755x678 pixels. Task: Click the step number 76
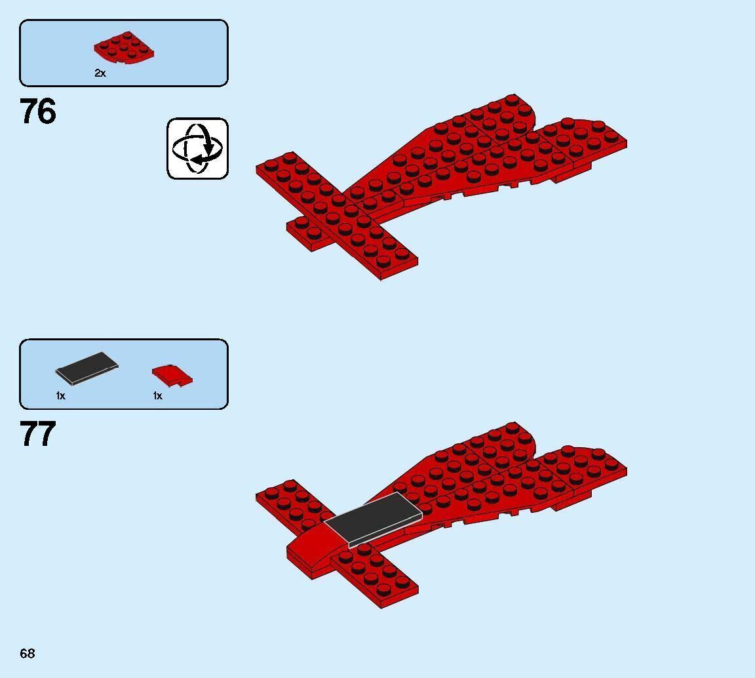click(x=38, y=111)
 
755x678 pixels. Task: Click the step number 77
click(x=38, y=434)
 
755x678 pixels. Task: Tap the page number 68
click(x=27, y=653)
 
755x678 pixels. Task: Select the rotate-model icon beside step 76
click(x=197, y=148)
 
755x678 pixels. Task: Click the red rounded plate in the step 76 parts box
click(x=124, y=49)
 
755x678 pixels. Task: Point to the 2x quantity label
click(x=100, y=73)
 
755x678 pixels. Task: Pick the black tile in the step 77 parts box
click(x=87, y=368)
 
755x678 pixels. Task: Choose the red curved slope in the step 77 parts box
click(x=172, y=375)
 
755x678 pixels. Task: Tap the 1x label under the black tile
click(x=60, y=396)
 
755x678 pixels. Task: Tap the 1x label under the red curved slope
click(x=157, y=396)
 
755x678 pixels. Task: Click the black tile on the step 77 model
click(x=373, y=518)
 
